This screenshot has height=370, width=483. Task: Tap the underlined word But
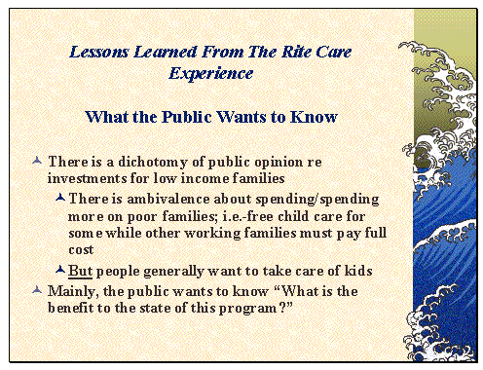(81, 270)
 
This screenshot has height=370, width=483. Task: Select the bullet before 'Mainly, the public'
(36, 288)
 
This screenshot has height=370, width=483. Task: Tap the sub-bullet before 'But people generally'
(60, 270)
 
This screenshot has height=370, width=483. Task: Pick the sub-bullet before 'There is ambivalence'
(60, 199)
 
